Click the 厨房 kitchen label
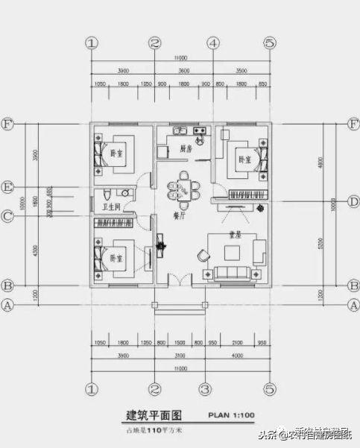click(186, 149)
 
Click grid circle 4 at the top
click(212, 43)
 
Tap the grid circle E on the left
click(9, 186)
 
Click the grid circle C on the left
click(9, 217)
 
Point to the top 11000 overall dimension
click(180, 58)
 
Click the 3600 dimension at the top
click(183, 71)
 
